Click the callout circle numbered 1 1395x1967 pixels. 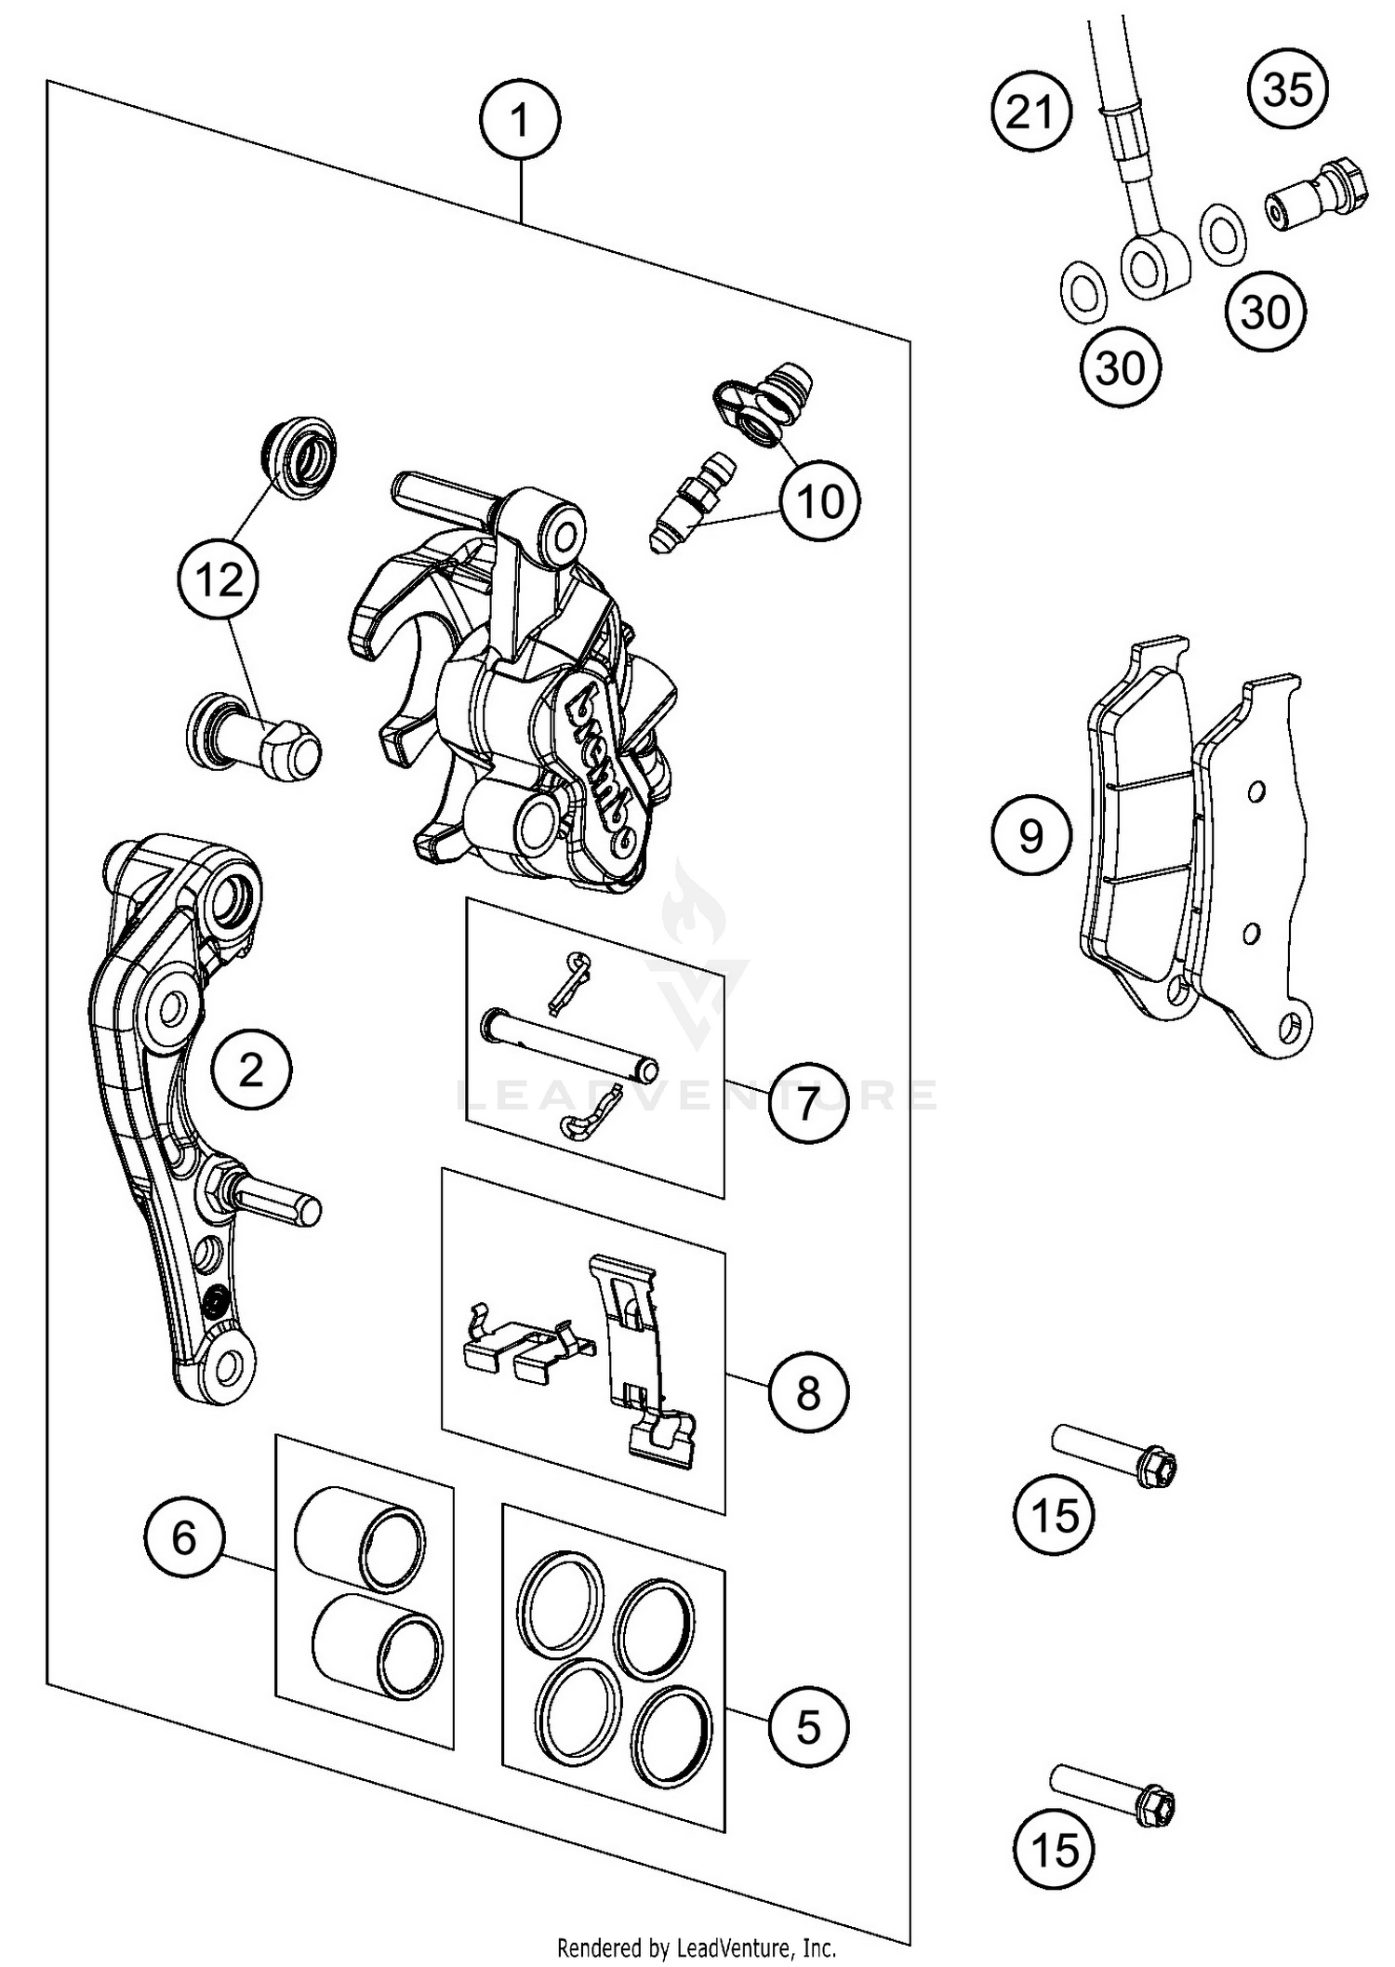520,121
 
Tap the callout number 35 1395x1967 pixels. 1288,90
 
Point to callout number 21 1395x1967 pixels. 1031,113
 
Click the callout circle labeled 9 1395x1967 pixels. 1031,836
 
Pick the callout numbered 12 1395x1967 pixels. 219,580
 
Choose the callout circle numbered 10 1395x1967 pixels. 820,502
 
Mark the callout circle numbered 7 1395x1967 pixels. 808,1104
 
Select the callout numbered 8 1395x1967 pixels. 808,1392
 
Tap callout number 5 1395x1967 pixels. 808,1727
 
